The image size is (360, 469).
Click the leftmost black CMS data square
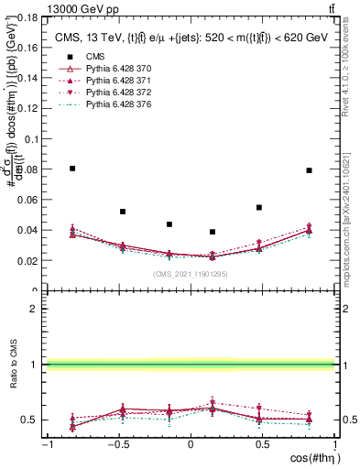click(x=72, y=169)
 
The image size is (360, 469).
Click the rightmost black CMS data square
click(x=310, y=170)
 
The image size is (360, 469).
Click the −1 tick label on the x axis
click(x=46, y=444)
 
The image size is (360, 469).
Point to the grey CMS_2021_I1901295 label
click(x=190, y=274)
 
